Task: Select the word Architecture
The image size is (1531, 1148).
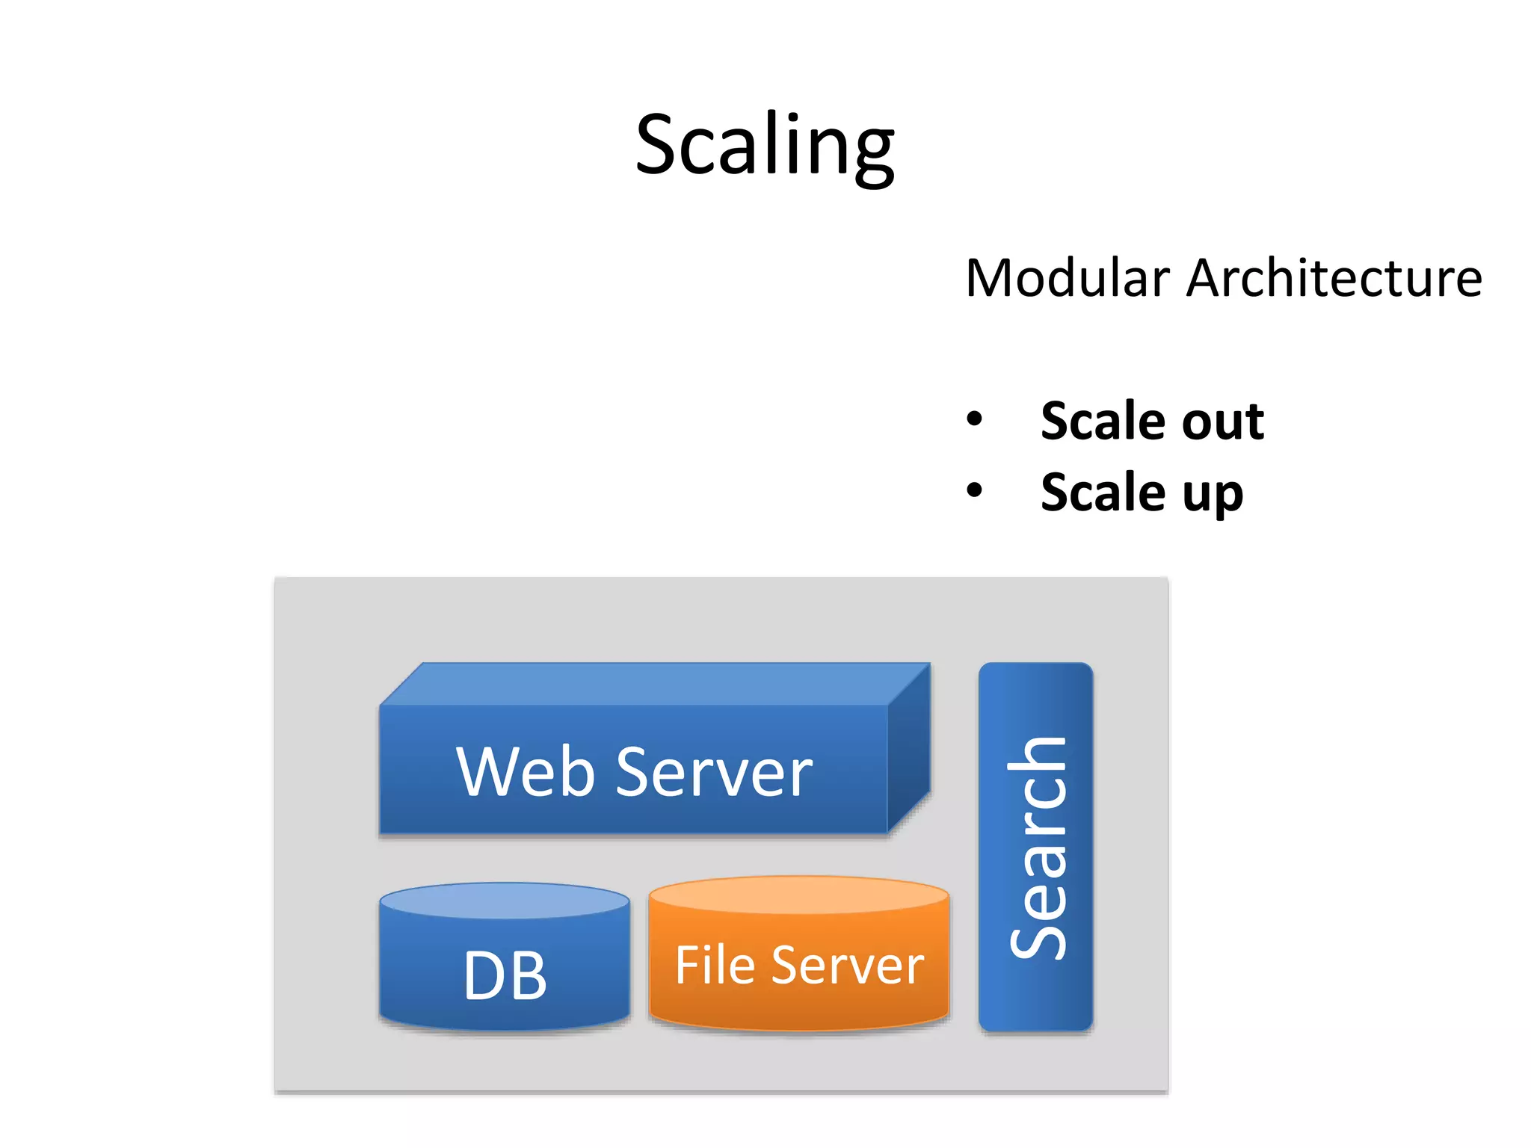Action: tap(1334, 278)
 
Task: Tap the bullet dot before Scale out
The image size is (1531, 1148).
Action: tap(974, 419)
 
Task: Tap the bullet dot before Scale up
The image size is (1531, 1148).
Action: tap(974, 490)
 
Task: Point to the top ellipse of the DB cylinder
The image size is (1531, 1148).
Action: tap(505, 900)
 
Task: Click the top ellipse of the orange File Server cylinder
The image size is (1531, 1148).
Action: tap(798, 894)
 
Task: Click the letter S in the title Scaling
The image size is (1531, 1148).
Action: tap(658, 145)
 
